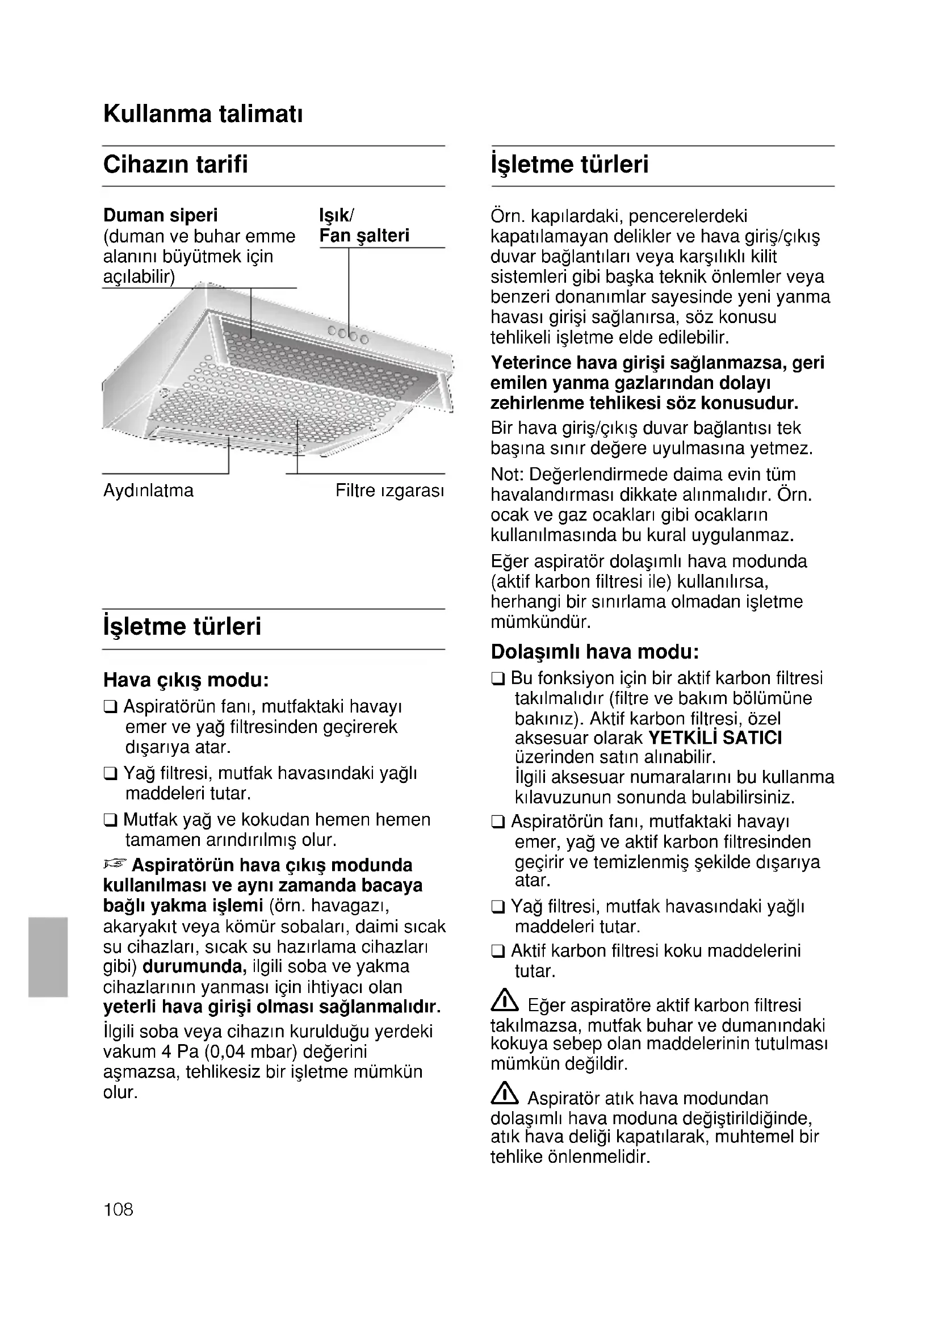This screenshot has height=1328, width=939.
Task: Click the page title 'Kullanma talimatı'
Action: tap(202, 114)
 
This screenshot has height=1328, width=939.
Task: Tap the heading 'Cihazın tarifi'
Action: tap(175, 164)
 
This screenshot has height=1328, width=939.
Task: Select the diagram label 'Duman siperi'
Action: tap(160, 215)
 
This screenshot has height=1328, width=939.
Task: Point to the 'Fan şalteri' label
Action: tap(364, 236)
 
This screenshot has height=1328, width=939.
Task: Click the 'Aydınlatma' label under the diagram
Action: tap(148, 491)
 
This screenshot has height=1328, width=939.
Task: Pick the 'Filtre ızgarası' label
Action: tap(389, 491)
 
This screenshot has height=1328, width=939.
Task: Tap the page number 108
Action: tap(118, 1209)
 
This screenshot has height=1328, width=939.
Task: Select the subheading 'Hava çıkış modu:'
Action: tap(186, 680)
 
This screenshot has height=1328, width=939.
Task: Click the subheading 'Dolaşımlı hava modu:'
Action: tap(595, 652)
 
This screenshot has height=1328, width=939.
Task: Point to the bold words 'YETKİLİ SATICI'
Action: tap(715, 738)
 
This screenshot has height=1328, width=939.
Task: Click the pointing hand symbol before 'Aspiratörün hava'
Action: tap(115, 864)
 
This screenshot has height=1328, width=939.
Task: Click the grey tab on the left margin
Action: tap(48, 957)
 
